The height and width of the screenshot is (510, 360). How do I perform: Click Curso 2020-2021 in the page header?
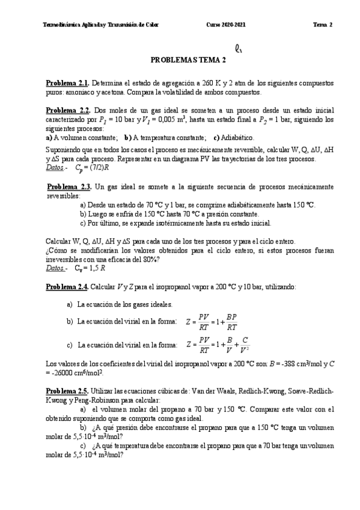(x=225, y=25)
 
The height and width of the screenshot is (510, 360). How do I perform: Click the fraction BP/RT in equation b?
(x=232, y=322)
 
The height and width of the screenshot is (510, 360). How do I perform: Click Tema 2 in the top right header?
(x=322, y=25)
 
